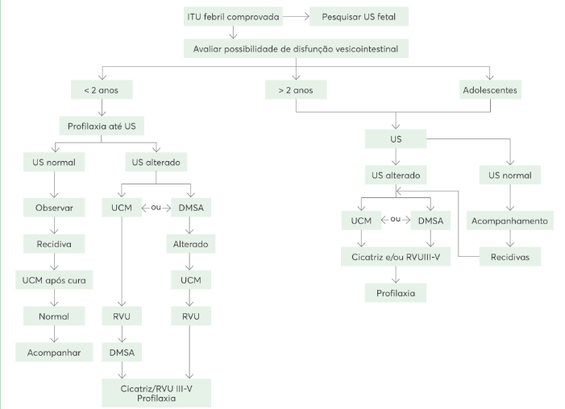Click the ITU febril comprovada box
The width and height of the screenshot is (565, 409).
(x=233, y=16)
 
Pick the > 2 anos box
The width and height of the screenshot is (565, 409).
(x=295, y=89)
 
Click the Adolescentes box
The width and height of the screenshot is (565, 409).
(x=489, y=89)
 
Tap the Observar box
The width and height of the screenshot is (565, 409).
(x=54, y=207)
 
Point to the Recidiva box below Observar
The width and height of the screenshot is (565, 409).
(x=54, y=242)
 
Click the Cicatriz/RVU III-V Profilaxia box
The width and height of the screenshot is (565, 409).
(x=156, y=392)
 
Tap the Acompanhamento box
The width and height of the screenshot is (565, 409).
(x=510, y=221)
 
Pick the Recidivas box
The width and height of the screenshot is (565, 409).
(x=510, y=257)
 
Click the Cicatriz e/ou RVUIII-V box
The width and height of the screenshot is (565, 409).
(x=395, y=257)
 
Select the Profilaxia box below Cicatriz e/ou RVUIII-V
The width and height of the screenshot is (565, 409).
(x=395, y=292)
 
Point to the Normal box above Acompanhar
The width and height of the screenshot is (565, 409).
(x=54, y=316)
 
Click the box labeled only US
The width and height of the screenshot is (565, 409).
(x=395, y=139)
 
